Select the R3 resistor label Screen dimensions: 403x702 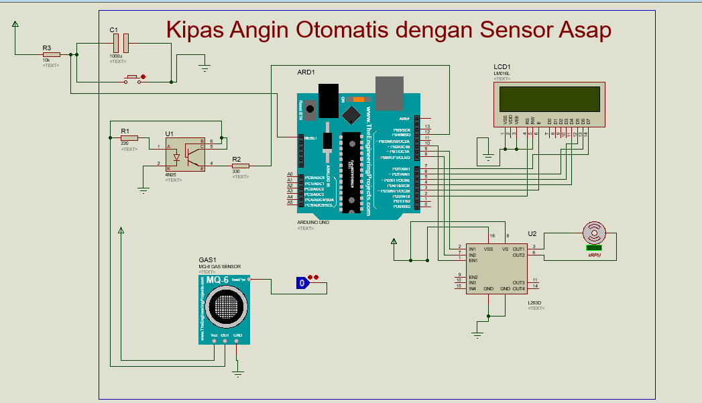[46, 48]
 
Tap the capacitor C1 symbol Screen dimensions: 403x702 [121, 44]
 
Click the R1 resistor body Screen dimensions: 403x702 [129, 138]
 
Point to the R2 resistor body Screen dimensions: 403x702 [240, 166]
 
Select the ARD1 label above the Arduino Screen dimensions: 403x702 [306, 72]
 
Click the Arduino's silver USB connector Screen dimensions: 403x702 [391, 93]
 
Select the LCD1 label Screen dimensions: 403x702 [502, 67]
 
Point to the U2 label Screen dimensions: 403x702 [532, 233]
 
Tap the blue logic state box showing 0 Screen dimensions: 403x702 [302, 283]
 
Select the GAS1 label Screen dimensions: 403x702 [207, 260]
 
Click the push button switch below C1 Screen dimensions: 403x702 [133, 79]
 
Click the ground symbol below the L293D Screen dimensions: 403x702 [477, 333]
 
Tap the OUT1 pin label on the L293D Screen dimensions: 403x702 [518, 249]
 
